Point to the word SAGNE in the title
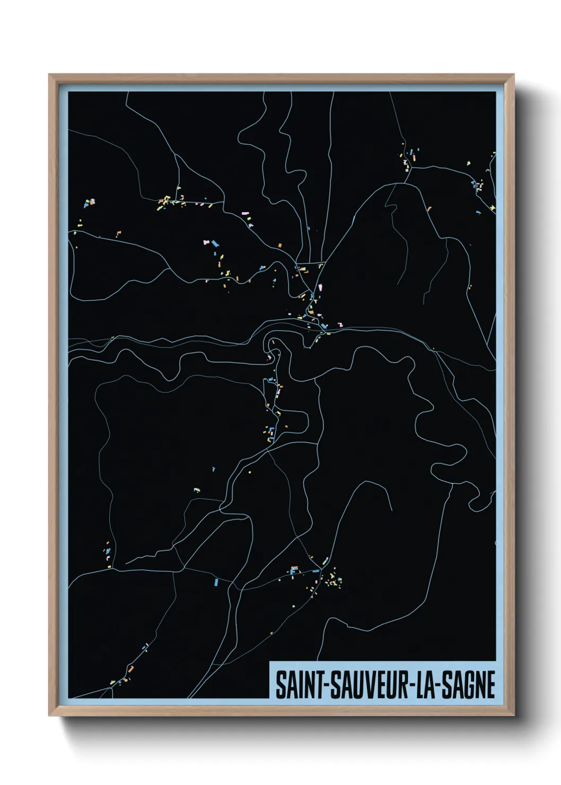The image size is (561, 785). [x=469, y=685]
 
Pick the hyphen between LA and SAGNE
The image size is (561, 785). [x=439, y=686]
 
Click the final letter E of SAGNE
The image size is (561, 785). [x=490, y=685]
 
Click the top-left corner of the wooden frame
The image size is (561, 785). [x=49, y=75]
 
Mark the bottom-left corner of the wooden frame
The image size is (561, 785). [x=49, y=716]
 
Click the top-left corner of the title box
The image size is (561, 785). [x=270, y=662]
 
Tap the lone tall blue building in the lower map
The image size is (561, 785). [x=216, y=582]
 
